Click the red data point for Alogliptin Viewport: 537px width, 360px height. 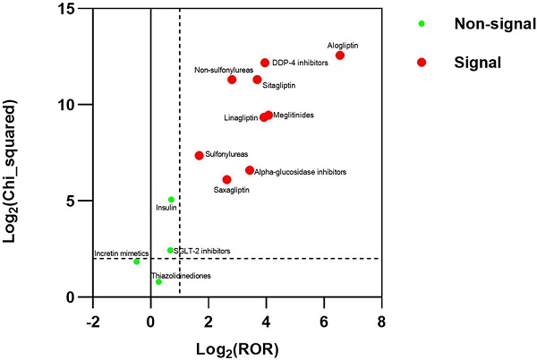click(340, 56)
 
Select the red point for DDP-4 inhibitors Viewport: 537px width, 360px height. click(265, 63)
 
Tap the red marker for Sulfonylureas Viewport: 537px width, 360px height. click(199, 155)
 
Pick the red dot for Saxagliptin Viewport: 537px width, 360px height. click(226, 179)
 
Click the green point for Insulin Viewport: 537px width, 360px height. click(171, 199)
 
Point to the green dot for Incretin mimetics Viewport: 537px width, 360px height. click(136, 261)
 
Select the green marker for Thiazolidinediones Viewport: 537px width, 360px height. click(158, 282)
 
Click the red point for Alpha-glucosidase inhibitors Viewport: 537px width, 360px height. click(250, 170)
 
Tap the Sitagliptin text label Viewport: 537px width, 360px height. click(279, 86)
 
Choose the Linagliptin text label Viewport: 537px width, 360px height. click(241, 118)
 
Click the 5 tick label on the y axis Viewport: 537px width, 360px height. click(81, 201)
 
